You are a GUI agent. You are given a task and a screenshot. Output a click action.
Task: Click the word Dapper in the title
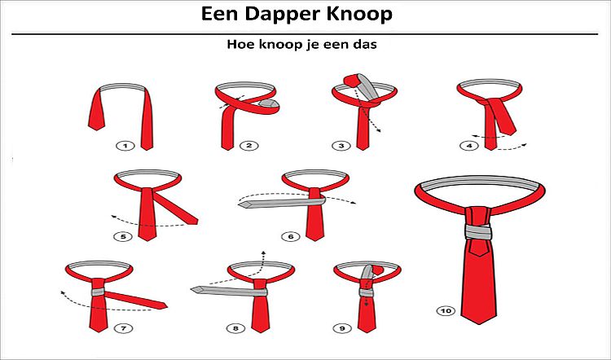pyautogui.click(x=284, y=15)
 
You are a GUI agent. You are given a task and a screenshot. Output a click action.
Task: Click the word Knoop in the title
pyautogui.click(x=359, y=14)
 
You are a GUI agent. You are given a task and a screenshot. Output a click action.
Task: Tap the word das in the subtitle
pyautogui.click(x=367, y=44)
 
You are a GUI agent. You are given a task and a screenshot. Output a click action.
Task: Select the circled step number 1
pyautogui.click(x=125, y=146)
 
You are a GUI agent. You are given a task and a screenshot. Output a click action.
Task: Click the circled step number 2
pyautogui.click(x=249, y=146)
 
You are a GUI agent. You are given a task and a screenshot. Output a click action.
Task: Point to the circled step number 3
pyautogui.click(x=341, y=146)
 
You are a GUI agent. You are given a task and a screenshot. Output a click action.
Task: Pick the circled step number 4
pyautogui.click(x=469, y=146)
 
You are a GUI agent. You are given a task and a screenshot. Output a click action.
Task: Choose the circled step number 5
pyautogui.click(x=123, y=236)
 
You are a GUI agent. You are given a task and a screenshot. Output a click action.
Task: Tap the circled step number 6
pyautogui.click(x=290, y=236)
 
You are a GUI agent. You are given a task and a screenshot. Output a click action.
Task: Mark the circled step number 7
pyautogui.click(x=124, y=329)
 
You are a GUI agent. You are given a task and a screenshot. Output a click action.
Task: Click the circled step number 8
pyautogui.click(x=235, y=329)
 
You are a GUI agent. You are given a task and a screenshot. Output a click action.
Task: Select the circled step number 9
pyautogui.click(x=342, y=329)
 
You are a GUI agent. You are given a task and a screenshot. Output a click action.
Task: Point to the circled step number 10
pyautogui.click(x=446, y=311)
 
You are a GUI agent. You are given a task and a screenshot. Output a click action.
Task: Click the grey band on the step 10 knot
pyautogui.click(x=478, y=232)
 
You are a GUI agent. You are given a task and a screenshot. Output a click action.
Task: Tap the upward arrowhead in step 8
pyautogui.click(x=263, y=254)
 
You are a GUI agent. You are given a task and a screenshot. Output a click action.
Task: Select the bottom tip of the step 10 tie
pyautogui.click(x=478, y=324)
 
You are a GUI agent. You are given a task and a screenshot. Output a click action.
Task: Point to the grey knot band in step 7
pyautogui.click(x=99, y=292)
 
